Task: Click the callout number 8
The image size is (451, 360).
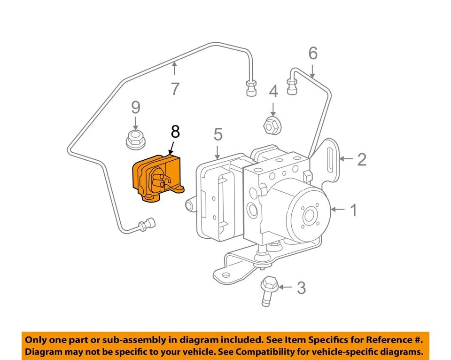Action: [x=175, y=132]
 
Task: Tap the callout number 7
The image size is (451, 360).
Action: [x=175, y=88]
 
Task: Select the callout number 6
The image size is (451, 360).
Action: [x=313, y=54]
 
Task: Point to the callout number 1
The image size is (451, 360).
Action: [x=352, y=210]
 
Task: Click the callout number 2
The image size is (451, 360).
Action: [x=361, y=159]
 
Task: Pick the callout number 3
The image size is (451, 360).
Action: [x=301, y=288]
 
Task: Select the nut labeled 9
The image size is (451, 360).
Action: [x=135, y=139]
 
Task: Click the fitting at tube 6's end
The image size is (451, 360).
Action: [x=293, y=86]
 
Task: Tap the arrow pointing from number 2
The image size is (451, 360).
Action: [x=346, y=159]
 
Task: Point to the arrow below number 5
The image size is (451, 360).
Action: [x=218, y=151]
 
